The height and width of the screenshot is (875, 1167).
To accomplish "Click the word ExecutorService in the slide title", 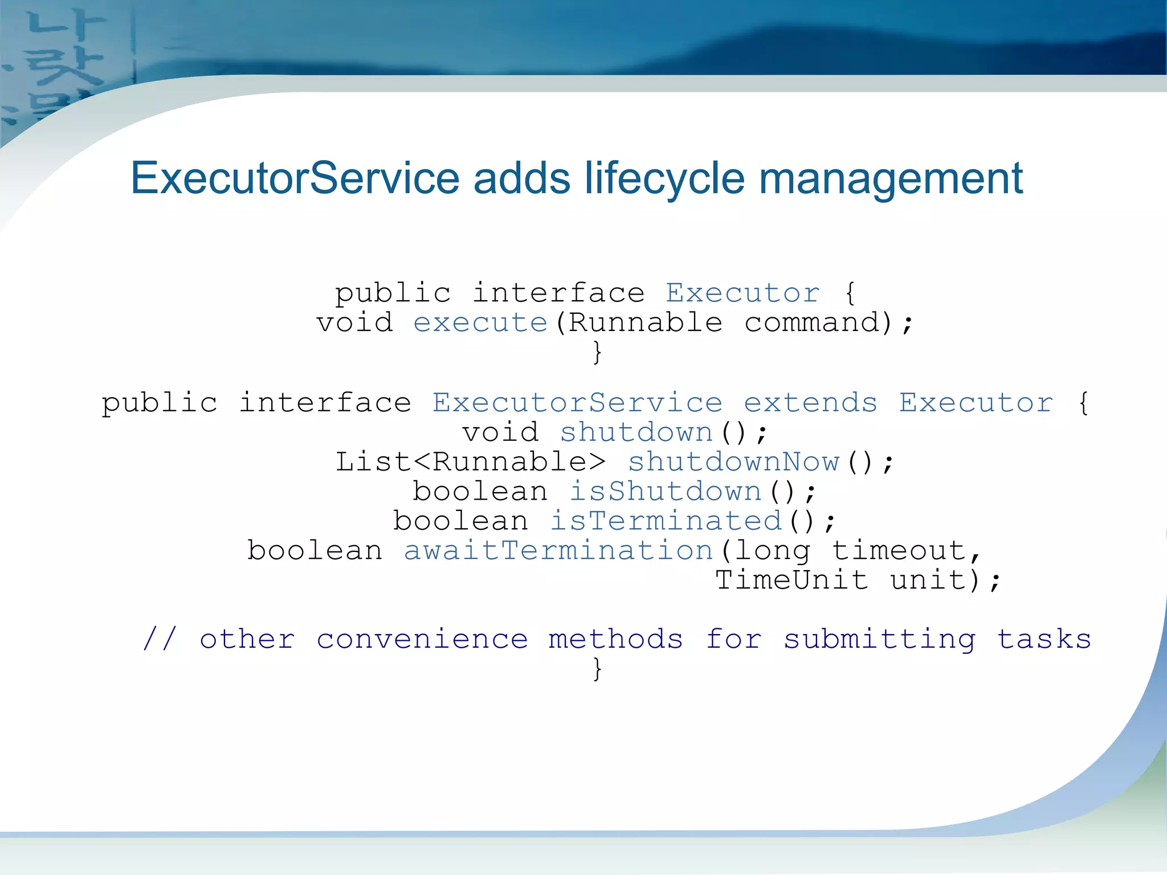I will pos(295,178).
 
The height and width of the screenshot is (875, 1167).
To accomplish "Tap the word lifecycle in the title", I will pos(664,178).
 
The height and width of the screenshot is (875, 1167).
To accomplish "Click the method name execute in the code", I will pos(480,323).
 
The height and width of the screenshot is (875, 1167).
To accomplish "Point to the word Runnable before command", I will pos(646,323).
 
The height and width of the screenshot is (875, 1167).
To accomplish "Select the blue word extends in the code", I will pos(810,403).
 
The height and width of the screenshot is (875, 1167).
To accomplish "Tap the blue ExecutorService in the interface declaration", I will pos(577,403).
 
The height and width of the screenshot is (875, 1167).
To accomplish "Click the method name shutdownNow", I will pos(733,462).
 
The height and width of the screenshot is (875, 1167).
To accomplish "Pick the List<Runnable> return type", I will pos(470,462).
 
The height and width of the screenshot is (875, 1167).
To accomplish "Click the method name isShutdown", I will pos(666,492).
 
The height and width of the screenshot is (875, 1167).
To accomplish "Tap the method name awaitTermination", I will pos(558,551).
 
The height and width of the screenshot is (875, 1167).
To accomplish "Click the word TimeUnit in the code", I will pos(792,580).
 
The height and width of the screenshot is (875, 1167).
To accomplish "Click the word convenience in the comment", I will pos(422,639).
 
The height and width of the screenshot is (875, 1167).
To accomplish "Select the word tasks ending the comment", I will pos(1044,639).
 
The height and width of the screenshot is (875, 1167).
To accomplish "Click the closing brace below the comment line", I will pos(597,669).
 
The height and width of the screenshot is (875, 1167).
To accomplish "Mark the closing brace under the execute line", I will pos(597,353).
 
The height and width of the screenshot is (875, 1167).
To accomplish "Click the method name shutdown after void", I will pos(636,432).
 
